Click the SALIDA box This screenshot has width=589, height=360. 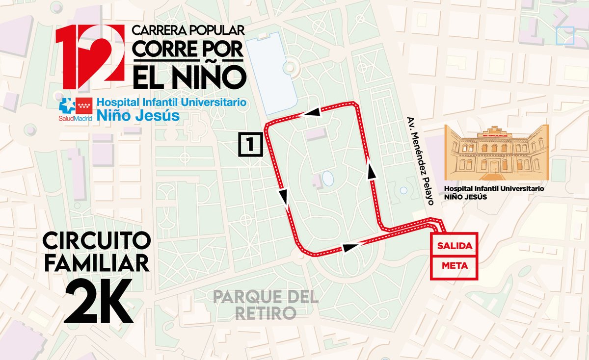pos(454,245)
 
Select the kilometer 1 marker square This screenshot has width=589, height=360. pos(250,144)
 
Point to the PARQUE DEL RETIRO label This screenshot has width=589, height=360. pos(266,305)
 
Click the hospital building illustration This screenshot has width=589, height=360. pos(496,153)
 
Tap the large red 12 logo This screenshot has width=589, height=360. pos(90,53)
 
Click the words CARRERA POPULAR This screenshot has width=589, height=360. pos(188,30)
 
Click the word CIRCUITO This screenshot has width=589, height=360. pos(97,242)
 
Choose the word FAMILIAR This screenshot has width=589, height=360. pos(97,263)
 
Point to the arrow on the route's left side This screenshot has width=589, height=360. pos(283,197)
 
